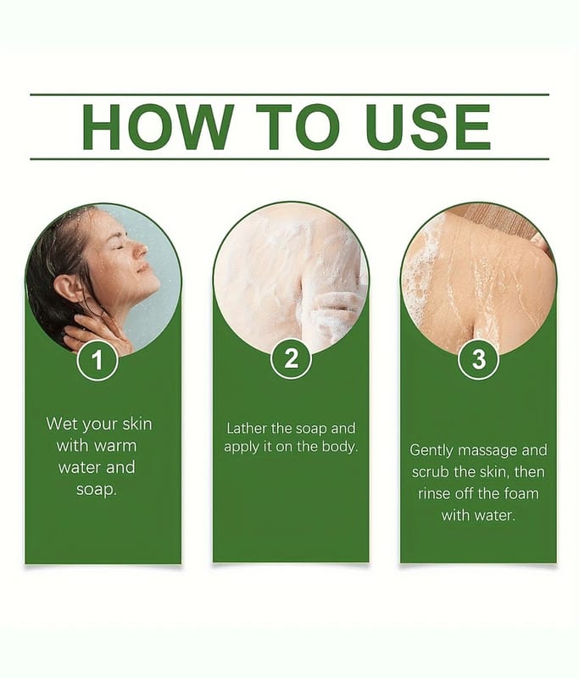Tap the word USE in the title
pos(427,126)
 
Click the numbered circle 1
pos(97,360)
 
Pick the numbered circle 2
pos(291,358)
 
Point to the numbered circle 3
pos(479,358)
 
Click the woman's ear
pos(66,288)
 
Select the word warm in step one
pos(115,446)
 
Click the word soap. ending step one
pos(97,490)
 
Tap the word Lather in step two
pos(247,428)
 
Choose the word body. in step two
pos(340,447)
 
